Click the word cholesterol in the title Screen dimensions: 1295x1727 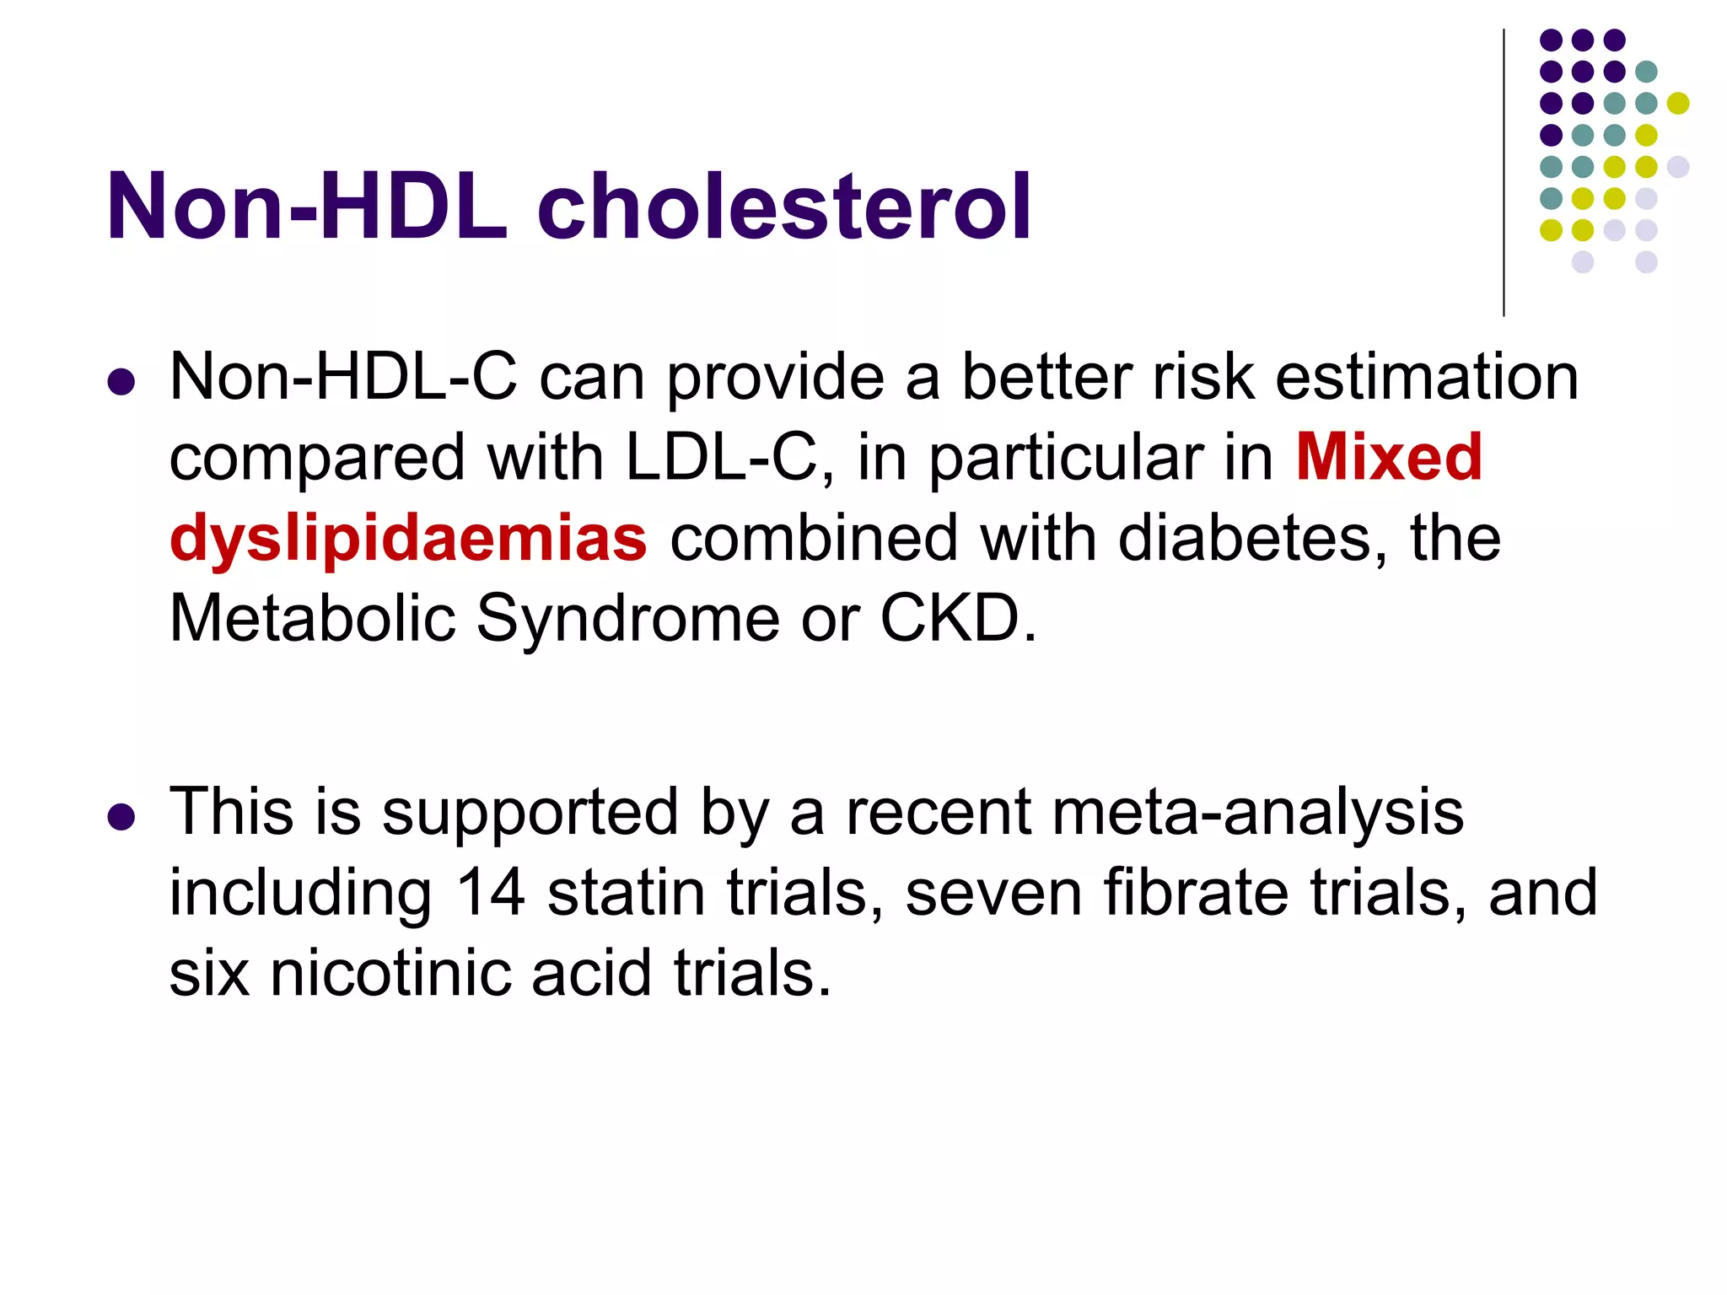(783, 207)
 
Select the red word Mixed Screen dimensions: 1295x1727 (1388, 457)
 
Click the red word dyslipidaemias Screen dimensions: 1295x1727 (408, 538)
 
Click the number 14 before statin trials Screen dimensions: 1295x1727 (491, 892)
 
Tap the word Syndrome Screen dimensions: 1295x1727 (627, 619)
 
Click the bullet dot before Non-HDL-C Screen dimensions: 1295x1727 (121, 382)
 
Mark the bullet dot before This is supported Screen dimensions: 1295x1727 (121, 817)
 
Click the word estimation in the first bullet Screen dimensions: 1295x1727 (1426, 376)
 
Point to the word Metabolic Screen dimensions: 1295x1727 (312, 619)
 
